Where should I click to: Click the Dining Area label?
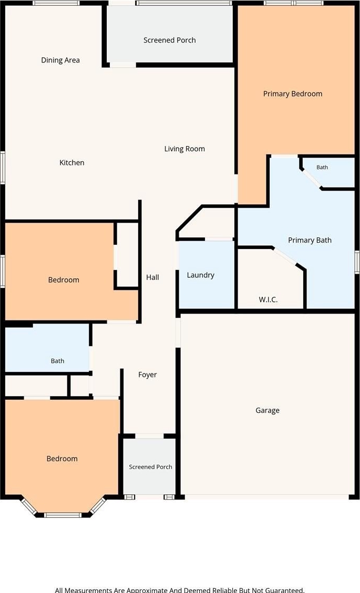click(60, 60)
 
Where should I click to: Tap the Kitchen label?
click(72, 163)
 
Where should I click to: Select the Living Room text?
click(184, 149)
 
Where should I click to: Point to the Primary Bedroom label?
click(293, 94)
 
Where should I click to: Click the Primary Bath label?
click(310, 240)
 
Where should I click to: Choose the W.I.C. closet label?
click(268, 299)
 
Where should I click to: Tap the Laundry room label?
click(201, 275)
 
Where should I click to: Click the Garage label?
click(268, 410)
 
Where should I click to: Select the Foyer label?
click(147, 375)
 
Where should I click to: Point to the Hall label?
click(152, 277)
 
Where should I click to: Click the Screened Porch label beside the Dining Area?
click(170, 40)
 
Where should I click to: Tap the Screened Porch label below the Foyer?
click(150, 467)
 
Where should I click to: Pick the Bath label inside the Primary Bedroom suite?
click(322, 167)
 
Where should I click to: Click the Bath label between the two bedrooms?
click(57, 361)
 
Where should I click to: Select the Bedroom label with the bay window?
click(62, 459)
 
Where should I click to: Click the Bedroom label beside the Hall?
click(64, 280)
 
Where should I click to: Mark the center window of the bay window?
click(63, 515)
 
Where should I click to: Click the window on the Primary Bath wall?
click(357, 262)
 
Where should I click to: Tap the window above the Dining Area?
click(56, 3)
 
